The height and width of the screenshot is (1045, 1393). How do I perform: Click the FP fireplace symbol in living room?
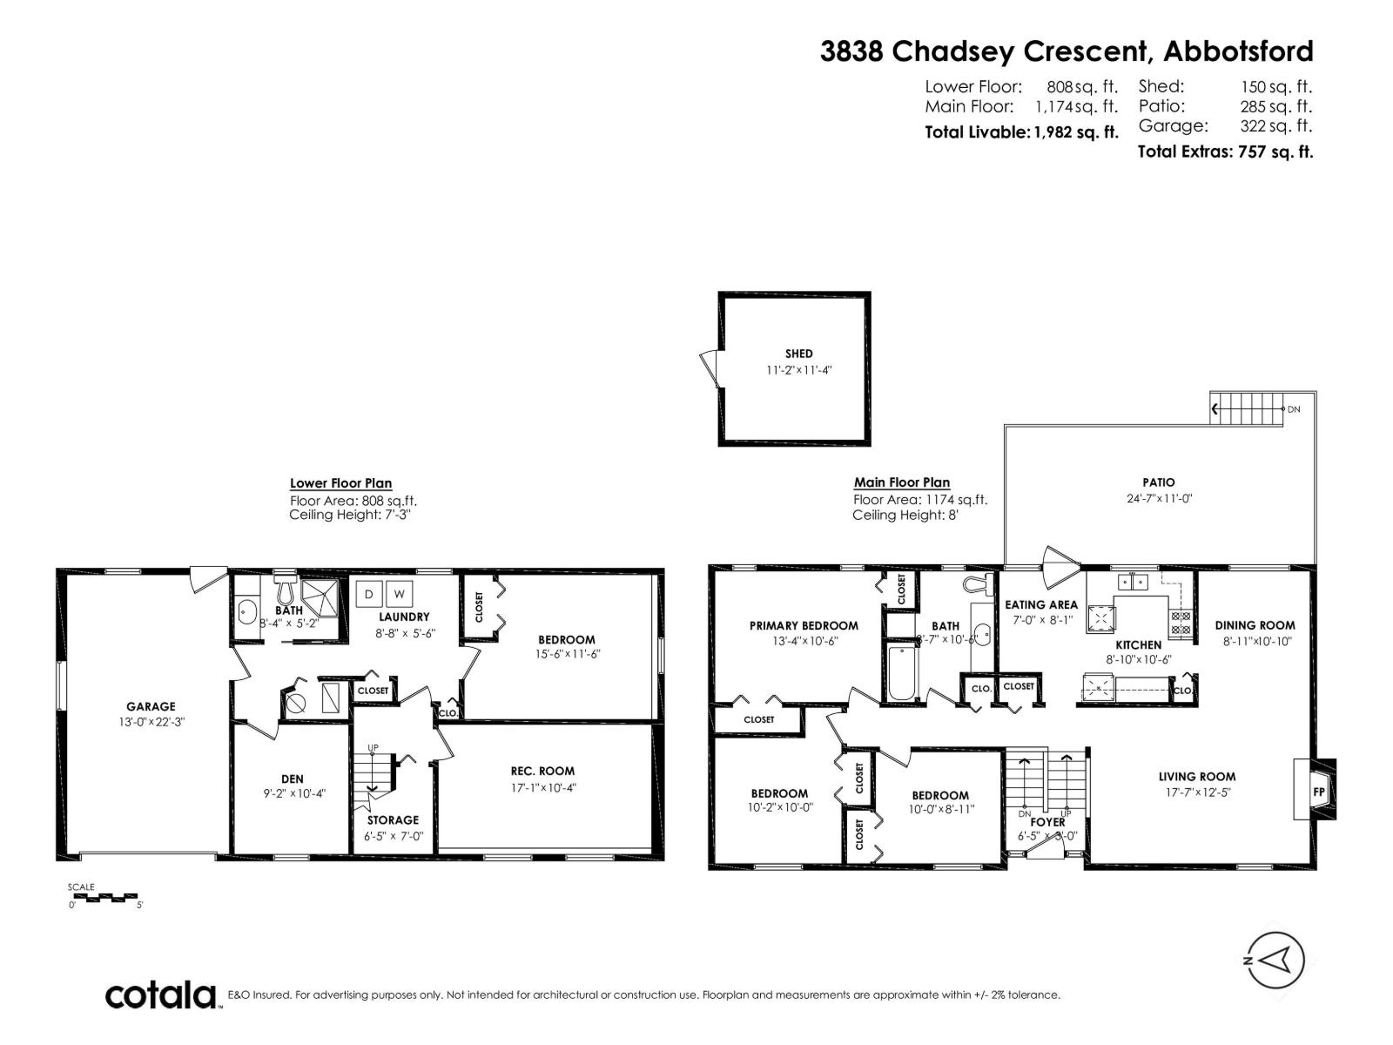(x=1318, y=792)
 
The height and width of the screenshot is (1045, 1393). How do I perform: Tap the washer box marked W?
(x=399, y=594)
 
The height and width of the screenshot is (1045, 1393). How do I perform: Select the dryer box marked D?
(x=368, y=594)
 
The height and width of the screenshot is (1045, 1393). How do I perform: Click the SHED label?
(x=798, y=354)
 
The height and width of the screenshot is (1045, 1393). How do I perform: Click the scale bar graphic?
(x=103, y=896)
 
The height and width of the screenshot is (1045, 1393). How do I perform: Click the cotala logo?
(x=161, y=994)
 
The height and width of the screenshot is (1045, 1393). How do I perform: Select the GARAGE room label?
(x=151, y=706)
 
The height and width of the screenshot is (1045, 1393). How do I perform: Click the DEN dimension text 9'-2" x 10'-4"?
(x=293, y=793)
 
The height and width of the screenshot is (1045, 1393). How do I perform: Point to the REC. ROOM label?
(x=542, y=771)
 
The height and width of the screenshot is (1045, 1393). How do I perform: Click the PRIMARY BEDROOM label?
(x=804, y=625)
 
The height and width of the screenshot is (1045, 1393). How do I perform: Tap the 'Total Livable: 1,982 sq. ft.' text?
(x=1020, y=132)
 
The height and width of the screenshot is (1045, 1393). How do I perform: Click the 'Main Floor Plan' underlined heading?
(x=901, y=482)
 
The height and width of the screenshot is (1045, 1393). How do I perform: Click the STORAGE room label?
(x=392, y=819)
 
